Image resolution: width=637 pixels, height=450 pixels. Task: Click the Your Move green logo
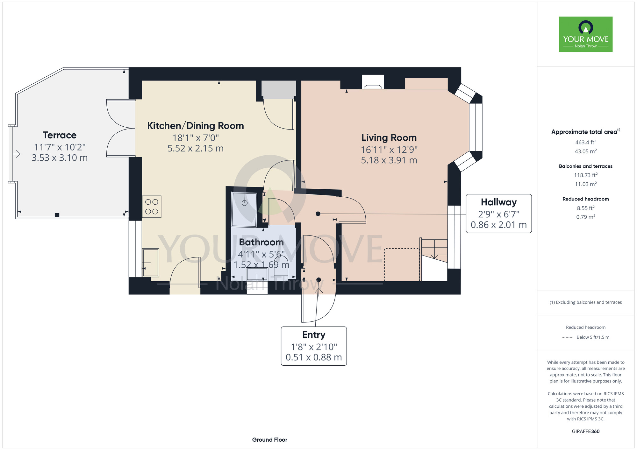point(586,34)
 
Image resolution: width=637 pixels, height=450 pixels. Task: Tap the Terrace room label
point(60,135)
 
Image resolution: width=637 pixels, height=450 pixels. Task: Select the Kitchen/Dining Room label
point(196,126)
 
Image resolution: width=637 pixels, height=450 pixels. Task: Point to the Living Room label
point(389,137)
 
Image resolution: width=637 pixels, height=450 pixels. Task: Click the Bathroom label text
point(261,242)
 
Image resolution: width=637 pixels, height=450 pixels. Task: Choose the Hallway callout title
point(499,202)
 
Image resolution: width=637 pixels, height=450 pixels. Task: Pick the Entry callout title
point(314,335)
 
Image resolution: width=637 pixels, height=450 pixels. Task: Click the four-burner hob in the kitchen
point(152,207)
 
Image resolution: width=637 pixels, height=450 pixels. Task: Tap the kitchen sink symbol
point(150,263)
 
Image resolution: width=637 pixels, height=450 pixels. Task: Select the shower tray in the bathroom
point(245,210)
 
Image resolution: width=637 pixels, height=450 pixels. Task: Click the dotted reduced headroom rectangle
point(402,265)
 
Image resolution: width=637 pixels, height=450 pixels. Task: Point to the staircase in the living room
point(434,259)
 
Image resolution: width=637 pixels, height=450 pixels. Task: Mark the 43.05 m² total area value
point(586,151)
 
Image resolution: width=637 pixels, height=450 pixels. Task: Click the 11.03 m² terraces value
point(586,184)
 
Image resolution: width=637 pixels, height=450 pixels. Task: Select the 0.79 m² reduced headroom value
point(586,217)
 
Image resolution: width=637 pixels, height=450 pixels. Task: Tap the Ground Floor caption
point(270,440)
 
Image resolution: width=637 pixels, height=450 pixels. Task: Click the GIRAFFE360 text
point(586,432)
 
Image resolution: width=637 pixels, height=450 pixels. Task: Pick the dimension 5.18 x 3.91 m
point(389,160)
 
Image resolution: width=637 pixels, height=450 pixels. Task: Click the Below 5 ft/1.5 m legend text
point(593,337)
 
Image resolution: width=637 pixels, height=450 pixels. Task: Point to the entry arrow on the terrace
point(17,154)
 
